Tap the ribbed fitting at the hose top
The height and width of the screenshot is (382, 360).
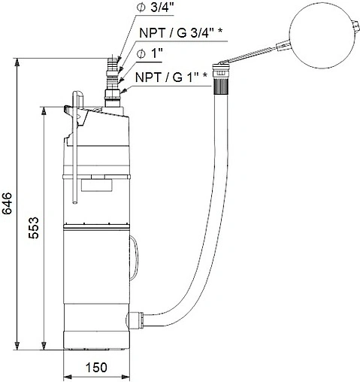pyautogui.click(x=220, y=81)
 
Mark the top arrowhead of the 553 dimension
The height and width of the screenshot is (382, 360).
pyautogui.click(x=46, y=110)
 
